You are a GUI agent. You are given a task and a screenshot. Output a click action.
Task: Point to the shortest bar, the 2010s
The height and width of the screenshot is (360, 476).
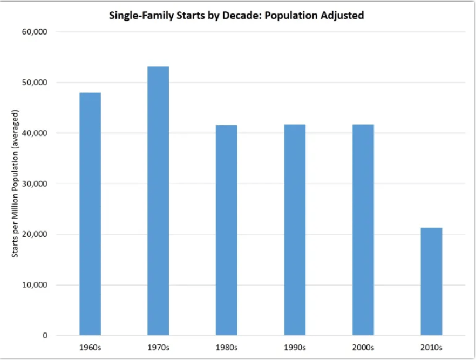click(431, 281)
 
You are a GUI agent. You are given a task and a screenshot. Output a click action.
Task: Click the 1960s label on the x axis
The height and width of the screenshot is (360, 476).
click(90, 347)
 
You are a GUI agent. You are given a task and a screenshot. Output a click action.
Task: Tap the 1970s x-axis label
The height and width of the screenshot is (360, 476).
click(158, 347)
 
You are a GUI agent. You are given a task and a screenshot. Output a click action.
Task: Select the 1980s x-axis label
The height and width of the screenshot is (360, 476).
click(226, 347)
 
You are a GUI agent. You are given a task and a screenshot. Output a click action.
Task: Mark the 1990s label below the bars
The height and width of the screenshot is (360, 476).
click(295, 347)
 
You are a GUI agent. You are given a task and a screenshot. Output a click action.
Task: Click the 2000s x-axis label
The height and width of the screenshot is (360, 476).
click(363, 347)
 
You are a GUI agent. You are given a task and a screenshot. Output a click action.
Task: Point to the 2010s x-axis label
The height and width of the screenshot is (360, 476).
click(431, 347)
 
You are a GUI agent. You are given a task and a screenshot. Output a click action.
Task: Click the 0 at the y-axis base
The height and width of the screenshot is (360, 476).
click(45, 336)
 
